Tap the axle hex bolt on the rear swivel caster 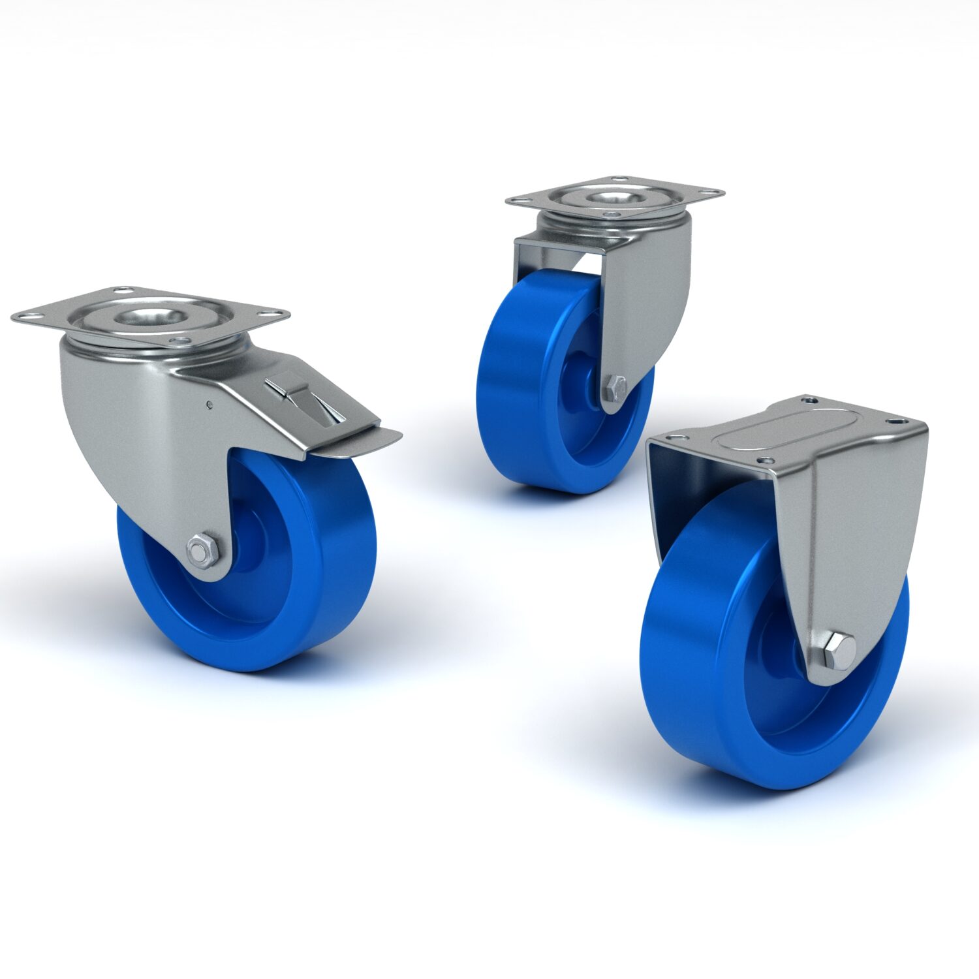coord(616,388)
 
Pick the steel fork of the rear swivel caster coord(646,294)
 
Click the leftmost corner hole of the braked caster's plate coord(23,318)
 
